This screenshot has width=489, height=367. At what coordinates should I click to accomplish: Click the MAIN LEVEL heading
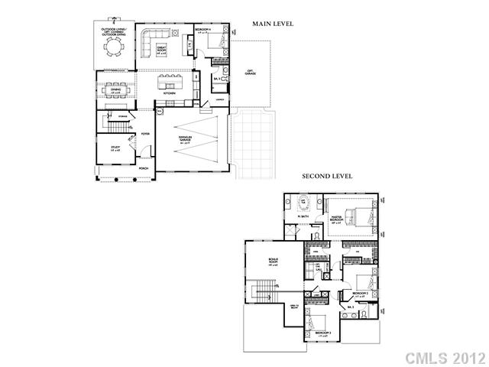(273, 24)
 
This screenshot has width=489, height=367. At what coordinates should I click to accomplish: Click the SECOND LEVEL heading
(327, 176)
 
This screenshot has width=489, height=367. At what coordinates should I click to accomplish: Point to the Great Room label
(161, 50)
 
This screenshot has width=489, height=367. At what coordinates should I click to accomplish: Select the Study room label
(115, 149)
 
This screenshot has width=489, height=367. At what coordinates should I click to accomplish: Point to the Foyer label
(144, 135)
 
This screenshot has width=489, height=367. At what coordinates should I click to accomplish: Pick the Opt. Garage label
(250, 73)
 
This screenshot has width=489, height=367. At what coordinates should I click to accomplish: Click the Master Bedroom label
(337, 222)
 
